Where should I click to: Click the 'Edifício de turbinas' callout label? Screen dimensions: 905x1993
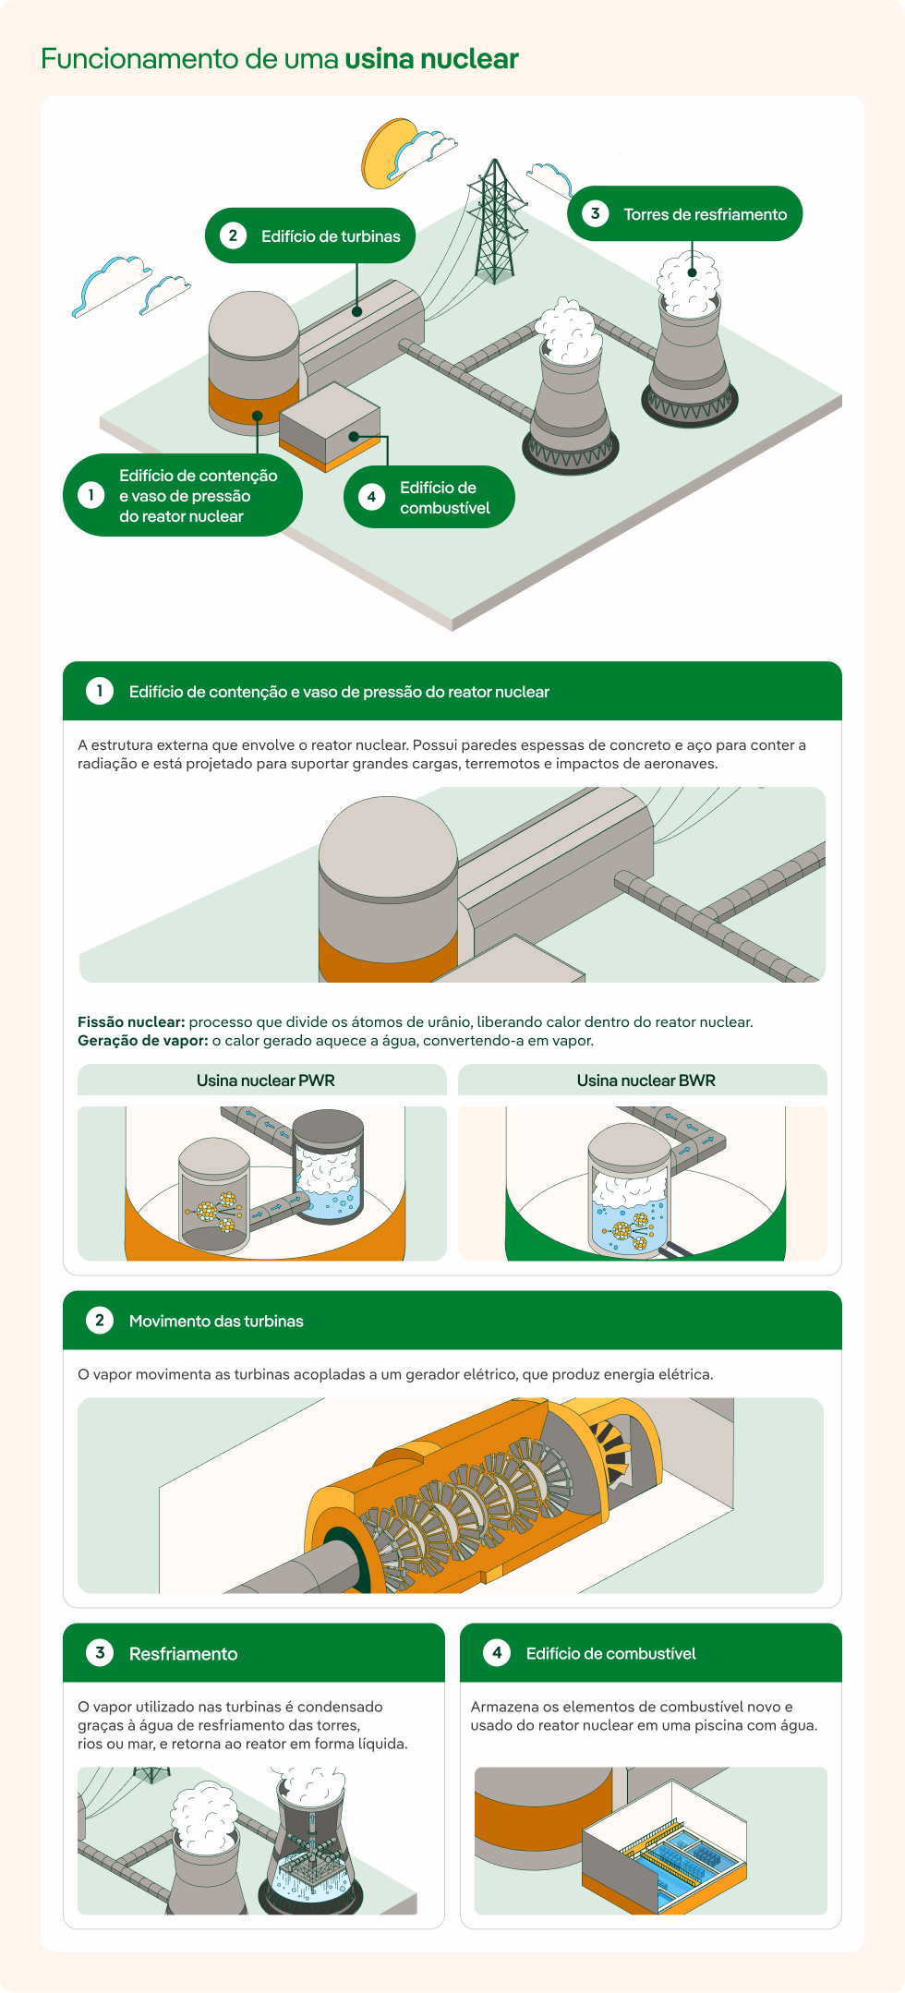(310, 236)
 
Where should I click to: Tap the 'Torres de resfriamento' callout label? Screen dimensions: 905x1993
(685, 213)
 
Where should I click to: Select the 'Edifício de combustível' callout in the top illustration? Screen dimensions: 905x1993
(429, 497)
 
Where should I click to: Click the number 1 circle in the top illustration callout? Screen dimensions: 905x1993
(90, 495)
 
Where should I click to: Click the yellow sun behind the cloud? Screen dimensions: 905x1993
(388, 151)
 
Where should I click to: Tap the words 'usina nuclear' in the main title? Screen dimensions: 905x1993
(431, 59)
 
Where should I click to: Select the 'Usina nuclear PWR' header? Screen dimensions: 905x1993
(265, 1081)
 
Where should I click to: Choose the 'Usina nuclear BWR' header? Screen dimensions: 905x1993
(646, 1081)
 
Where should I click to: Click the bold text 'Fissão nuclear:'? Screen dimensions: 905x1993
(131, 1022)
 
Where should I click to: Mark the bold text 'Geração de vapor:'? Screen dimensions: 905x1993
(142, 1041)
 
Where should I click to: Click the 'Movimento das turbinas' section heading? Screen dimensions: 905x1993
(216, 1322)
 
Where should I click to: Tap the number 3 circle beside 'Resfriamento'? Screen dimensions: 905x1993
(100, 1653)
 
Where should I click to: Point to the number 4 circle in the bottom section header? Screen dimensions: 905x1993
(497, 1653)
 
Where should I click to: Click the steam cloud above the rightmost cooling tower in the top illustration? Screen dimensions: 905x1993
(688, 281)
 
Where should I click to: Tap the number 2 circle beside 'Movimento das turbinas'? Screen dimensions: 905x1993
(100, 1321)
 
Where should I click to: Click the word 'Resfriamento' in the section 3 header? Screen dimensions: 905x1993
(183, 1654)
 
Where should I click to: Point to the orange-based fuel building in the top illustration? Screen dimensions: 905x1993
(330, 426)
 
